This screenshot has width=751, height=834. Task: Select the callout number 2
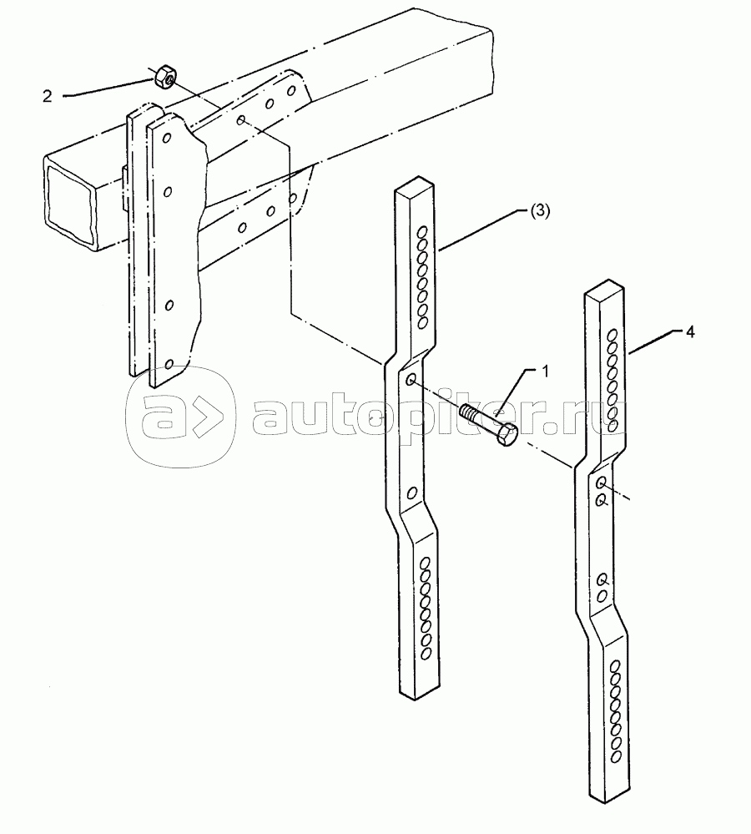(47, 96)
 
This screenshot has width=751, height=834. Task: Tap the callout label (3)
(538, 211)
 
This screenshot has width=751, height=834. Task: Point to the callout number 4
(690, 331)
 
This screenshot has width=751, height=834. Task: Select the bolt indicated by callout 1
(489, 423)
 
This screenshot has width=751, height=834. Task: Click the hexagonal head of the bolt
(507, 435)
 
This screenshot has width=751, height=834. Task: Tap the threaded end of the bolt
(469, 412)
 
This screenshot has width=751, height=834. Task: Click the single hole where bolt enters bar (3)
(411, 381)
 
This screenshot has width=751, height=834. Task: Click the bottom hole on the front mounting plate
(169, 364)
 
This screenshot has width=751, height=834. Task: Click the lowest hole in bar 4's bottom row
(617, 756)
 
